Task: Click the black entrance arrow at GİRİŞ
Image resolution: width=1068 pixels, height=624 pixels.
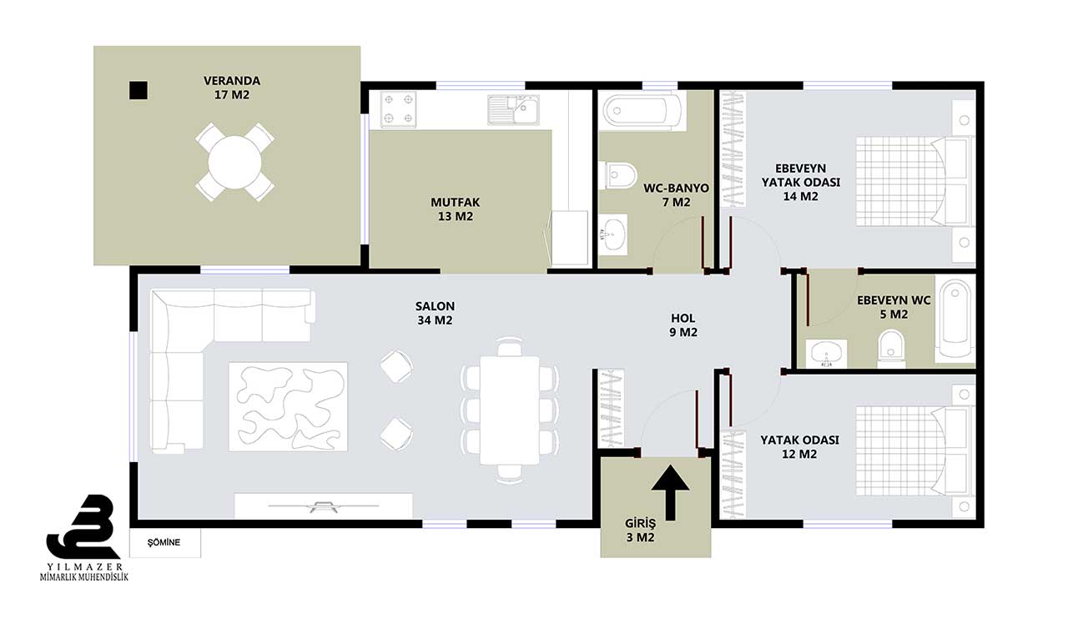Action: pos(671,492)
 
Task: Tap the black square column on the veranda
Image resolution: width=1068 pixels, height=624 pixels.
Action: pos(139,90)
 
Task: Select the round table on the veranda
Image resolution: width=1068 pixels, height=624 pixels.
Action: pos(234,163)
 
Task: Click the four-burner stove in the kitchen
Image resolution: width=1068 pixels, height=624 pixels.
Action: pos(398,109)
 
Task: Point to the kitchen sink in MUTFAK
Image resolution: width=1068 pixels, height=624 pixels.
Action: pos(513,109)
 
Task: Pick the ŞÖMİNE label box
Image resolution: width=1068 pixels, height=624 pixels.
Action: pos(165,542)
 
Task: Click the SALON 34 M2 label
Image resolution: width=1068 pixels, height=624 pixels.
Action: pos(435,313)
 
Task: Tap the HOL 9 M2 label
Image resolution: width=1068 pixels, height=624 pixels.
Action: pos(683,325)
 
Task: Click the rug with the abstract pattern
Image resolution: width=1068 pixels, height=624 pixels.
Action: pos(288,406)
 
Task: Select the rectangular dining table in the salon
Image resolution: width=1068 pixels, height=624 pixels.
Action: pos(510,410)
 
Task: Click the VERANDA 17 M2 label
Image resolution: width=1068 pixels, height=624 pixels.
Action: pos(232,88)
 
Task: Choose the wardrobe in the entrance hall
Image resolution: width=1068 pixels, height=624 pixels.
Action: pos(612,408)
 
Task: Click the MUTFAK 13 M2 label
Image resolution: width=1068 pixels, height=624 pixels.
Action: pos(456,209)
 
